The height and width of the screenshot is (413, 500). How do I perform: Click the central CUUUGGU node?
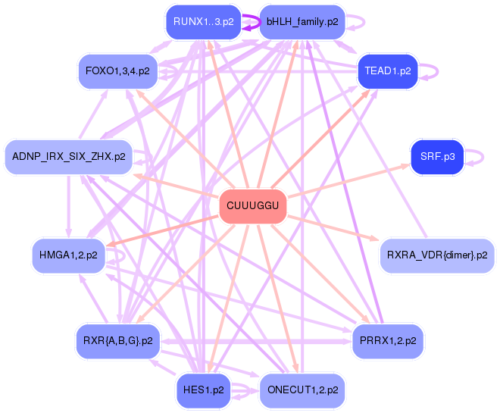click(253, 206)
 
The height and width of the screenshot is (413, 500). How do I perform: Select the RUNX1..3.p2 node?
click(204, 22)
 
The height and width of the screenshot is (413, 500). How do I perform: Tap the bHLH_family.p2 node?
click(302, 22)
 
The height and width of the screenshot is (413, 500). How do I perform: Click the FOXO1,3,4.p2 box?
click(117, 71)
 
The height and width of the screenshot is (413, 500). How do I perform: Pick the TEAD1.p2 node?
click(387, 71)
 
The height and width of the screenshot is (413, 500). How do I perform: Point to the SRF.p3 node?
click(437, 157)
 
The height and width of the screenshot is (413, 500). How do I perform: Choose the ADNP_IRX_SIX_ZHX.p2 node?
click(68, 157)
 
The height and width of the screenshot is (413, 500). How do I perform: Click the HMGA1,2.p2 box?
click(68, 255)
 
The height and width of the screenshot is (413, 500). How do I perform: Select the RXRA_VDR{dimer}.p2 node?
click(437, 255)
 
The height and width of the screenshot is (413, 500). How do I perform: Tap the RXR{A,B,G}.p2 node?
click(118, 341)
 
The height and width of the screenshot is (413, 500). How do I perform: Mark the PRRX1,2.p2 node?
click(388, 341)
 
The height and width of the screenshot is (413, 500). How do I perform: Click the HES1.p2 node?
click(204, 390)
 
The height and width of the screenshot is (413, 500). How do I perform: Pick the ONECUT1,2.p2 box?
click(302, 390)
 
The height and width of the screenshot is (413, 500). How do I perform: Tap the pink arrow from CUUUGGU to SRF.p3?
click(348, 181)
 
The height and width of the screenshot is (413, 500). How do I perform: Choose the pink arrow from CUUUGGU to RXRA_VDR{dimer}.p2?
click(333, 228)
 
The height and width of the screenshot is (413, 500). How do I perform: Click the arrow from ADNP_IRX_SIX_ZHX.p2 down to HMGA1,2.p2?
click(68, 206)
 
